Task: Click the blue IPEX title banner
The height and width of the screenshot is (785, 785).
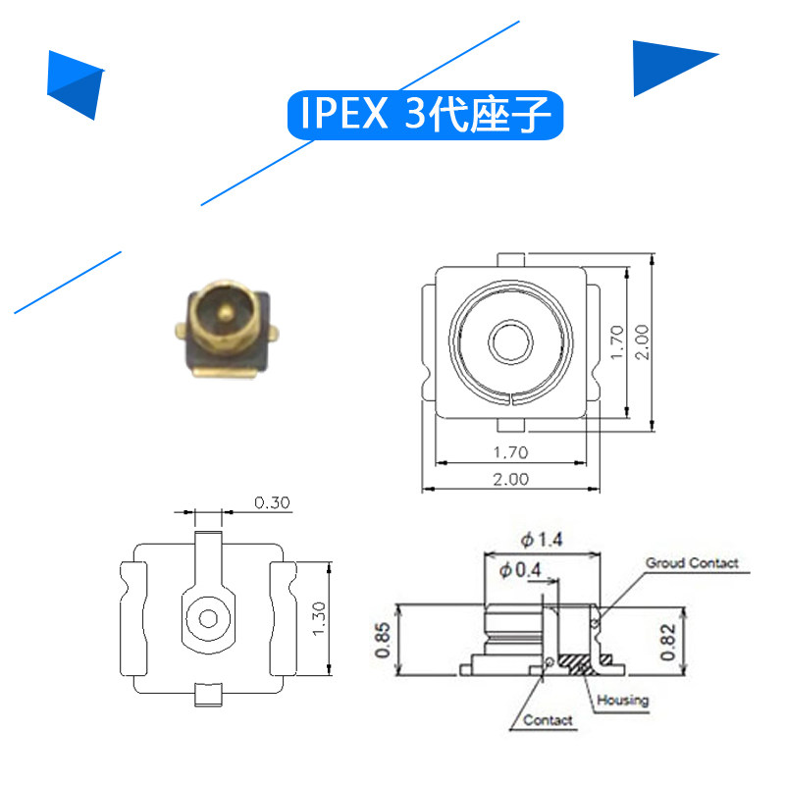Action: [425, 115]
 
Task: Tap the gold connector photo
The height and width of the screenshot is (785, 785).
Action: [227, 329]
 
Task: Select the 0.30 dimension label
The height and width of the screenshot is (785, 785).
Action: [272, 502]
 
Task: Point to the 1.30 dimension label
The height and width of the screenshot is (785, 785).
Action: [319, 619]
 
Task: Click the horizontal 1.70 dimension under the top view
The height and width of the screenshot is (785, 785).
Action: [510, 452]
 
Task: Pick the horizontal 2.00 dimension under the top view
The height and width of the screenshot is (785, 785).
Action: [510, 479]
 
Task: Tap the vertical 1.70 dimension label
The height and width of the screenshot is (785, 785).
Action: [617, 342]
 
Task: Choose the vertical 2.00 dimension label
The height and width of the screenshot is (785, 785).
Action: [642, 342]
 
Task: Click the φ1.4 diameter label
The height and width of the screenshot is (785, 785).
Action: [542, 540]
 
